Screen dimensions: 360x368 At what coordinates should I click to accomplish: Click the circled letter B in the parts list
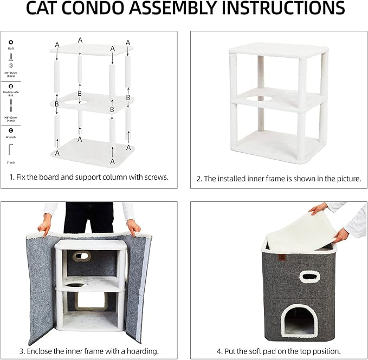point(11,85)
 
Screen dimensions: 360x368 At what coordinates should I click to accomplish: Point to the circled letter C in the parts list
point(11,130)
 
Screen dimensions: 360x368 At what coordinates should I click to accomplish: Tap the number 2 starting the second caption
point(199,178)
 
